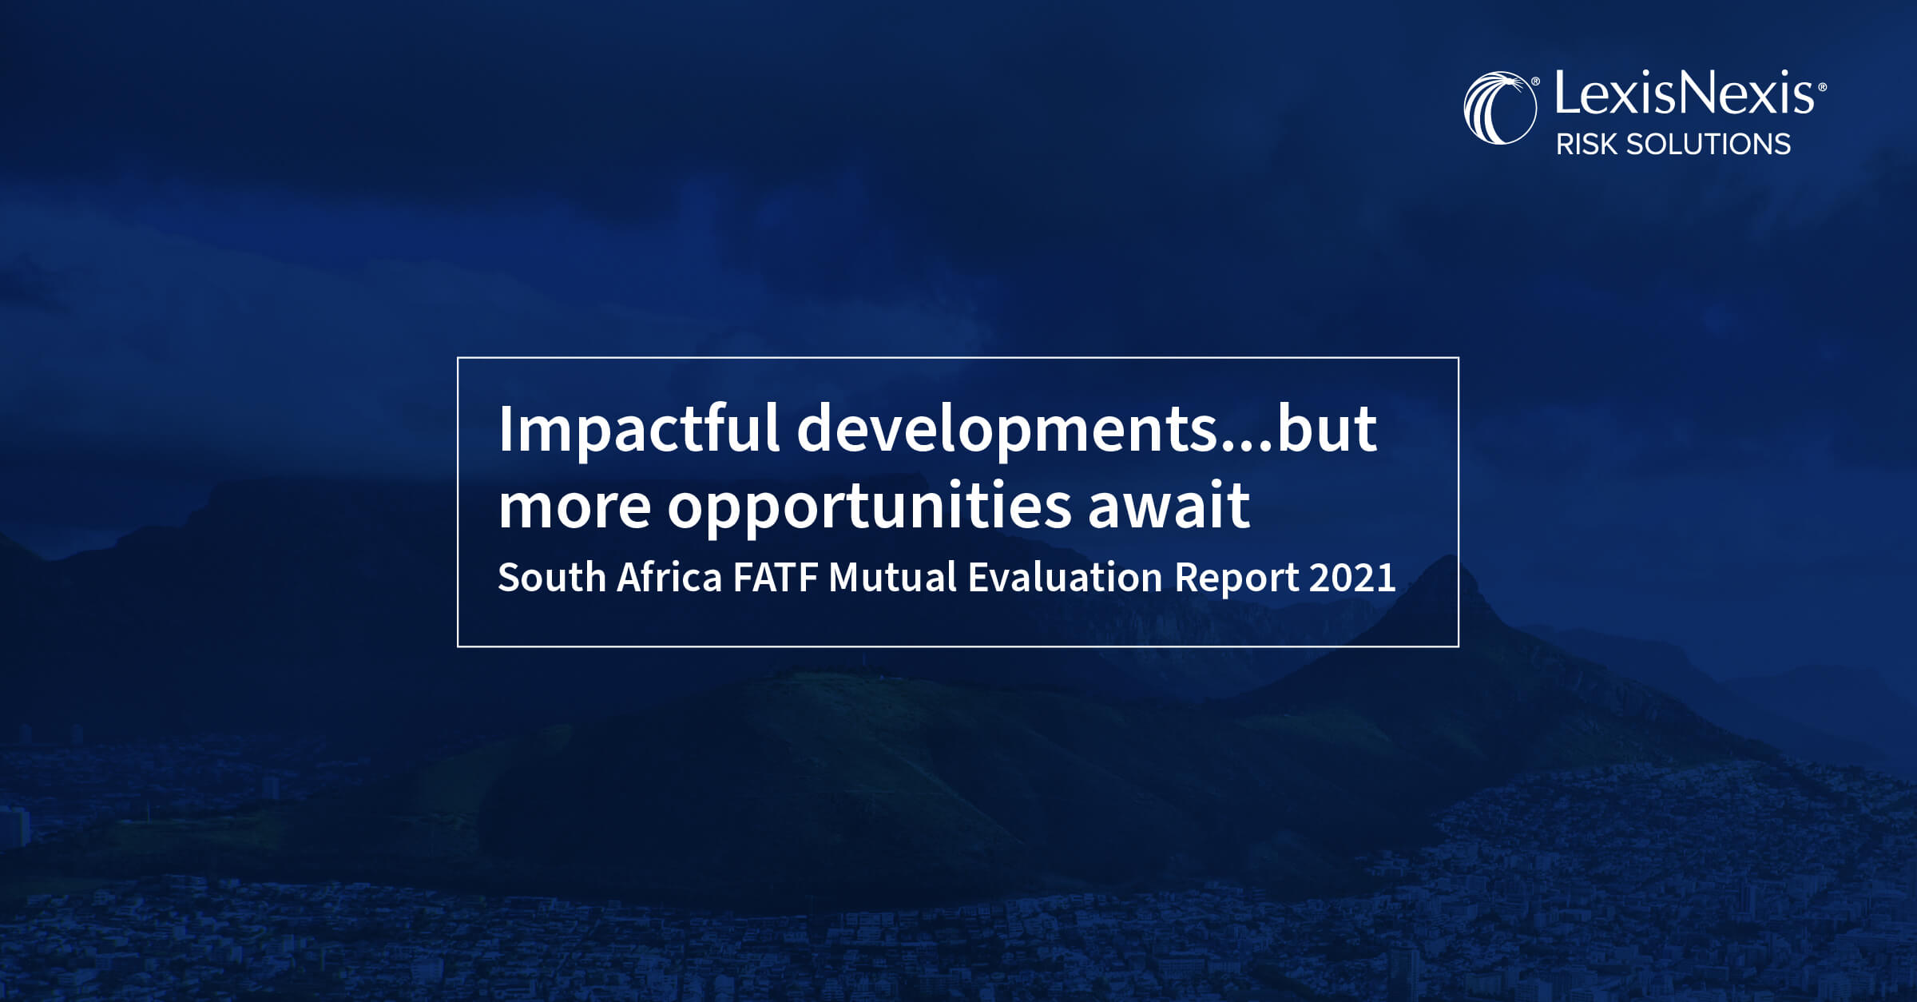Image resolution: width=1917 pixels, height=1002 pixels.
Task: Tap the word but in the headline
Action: coord(1328,430)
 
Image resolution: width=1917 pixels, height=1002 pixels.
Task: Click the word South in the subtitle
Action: coord(552,577)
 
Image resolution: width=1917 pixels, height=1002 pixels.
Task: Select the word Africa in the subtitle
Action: coord(669,577)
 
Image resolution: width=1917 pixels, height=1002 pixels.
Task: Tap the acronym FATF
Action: coord(775,577)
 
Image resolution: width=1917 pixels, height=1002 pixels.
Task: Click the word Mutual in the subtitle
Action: coord(892,577)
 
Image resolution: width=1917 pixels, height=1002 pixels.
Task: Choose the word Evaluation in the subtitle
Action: coord(1065,577)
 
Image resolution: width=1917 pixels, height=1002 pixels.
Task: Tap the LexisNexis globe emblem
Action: coord(1499,109)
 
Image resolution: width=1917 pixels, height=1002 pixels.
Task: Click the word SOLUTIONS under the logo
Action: coord(1709,145)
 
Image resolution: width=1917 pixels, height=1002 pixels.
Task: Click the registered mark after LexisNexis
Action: coord(1822,86)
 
